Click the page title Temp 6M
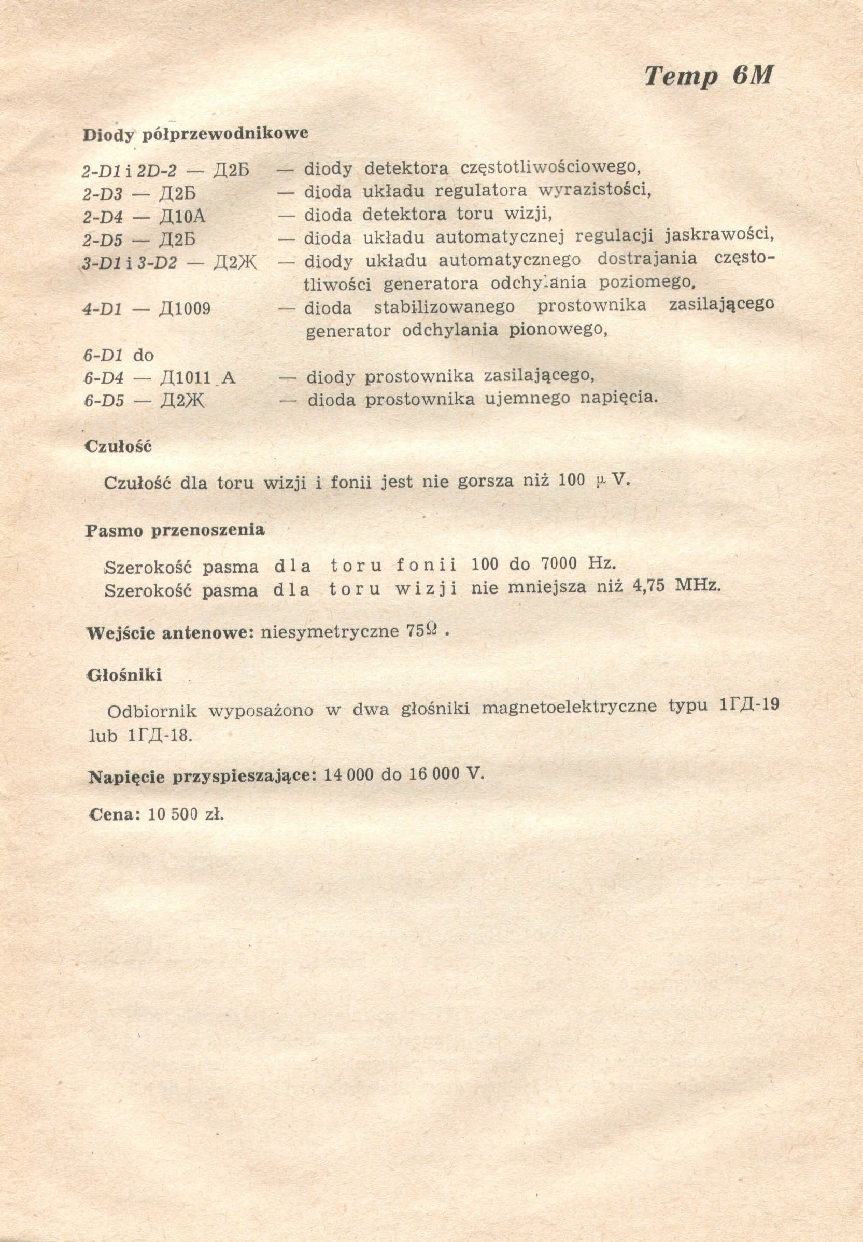(x=709, y=76)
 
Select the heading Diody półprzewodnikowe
(x=195, y=134)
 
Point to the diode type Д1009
(x=185, y=309)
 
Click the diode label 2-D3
(x=102, y=193)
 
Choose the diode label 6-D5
(x=104, y=401)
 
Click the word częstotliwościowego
(x=550, y=167)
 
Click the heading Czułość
(x=118, y=447)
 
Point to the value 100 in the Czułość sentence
(x=571, y=480)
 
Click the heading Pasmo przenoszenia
(x=175, y=530)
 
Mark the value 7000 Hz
(x=578, y=564)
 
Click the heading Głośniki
(x=124, y=675)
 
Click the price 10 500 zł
(x=186, y=814)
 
